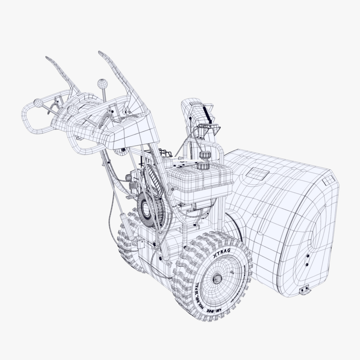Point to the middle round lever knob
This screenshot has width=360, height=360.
[x=71, y=109]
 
